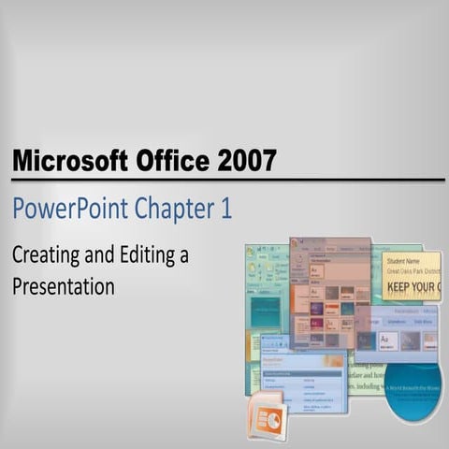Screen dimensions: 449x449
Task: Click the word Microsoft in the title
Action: point(66,161)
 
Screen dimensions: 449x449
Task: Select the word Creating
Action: point(47,254)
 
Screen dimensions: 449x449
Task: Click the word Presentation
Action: point(63,285)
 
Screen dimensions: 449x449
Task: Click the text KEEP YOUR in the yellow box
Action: point(412,286)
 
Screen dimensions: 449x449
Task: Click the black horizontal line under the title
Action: point(224,180)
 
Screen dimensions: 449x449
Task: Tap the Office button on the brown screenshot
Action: point(296,245)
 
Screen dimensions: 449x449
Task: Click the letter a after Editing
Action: point(183,254)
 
